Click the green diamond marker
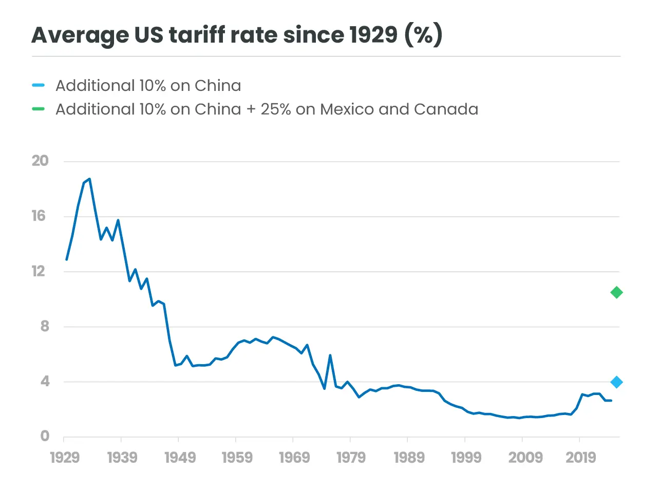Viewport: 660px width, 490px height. [616, 293]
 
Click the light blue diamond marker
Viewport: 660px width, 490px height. [616, 382]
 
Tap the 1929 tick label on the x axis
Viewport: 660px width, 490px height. [65, 457]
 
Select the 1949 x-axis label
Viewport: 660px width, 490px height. [180, 457]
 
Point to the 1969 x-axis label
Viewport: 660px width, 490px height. [294, 457]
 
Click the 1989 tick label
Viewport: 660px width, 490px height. [409, 457]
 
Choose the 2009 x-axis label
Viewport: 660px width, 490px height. [525, 457]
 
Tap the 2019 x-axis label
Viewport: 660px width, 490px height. [581, 457]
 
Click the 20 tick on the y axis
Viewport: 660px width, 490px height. [40, 161]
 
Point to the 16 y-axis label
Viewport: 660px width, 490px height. [39, 216]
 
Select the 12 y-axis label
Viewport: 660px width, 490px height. [39, 271]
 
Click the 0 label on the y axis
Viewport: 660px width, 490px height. [45, 436]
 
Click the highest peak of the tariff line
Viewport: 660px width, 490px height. [89, 179]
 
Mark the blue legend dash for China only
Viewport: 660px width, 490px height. [39, 85]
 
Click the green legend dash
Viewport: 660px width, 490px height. [39, 109]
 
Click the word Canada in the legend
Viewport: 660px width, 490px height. [446, 109]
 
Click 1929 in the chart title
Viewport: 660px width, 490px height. [373, 35]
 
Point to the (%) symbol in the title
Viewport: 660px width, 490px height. [423, 35]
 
